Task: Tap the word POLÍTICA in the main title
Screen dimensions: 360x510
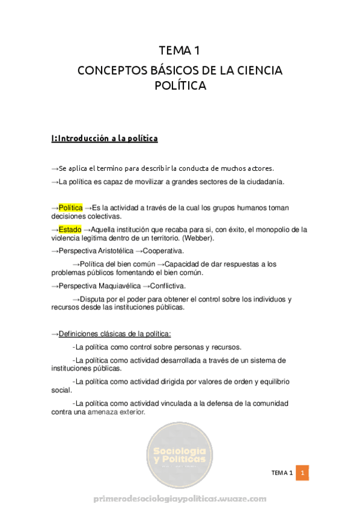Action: (180, 85)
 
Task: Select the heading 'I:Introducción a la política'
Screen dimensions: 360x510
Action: (105, 138)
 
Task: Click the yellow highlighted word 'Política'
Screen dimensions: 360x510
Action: (70, 207)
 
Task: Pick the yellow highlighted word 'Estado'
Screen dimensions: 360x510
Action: (70, 229)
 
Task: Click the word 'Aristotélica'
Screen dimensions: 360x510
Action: (112, 251)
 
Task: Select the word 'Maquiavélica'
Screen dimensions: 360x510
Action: (115, 286)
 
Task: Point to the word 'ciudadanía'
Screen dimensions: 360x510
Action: (263, 182)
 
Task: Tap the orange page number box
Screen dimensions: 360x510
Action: (304, 473)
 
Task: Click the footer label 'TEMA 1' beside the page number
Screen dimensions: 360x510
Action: (281, 473)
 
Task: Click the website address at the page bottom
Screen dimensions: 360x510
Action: (180, 499)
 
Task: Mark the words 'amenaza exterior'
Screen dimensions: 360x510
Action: (116, 412)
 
